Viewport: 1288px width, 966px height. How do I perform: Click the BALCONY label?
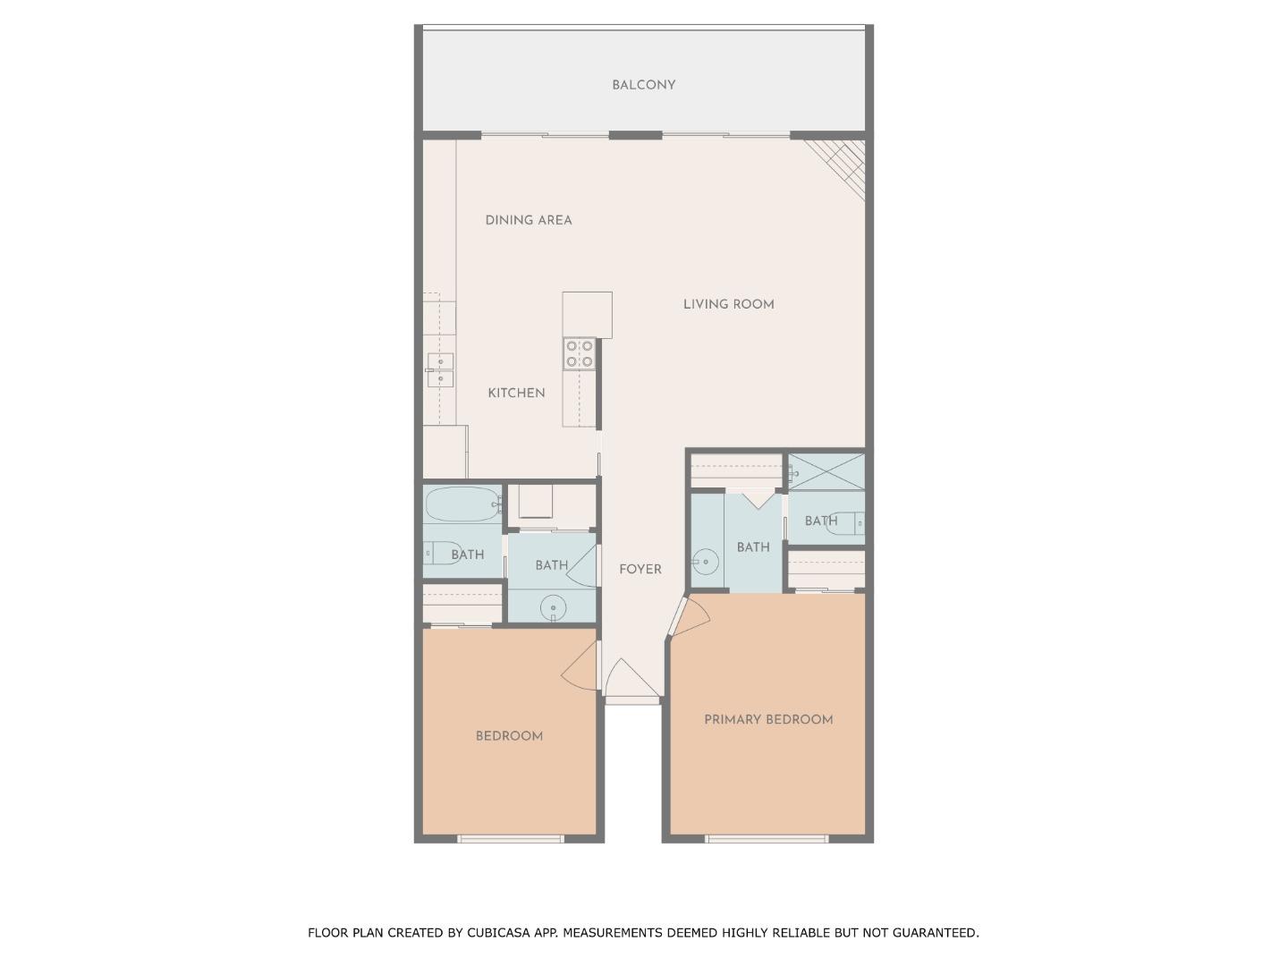(x=643, y=85)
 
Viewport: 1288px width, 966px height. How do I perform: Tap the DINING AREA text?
(x=528, y=220)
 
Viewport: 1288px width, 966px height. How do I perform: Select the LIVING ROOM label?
(x=728, y=304)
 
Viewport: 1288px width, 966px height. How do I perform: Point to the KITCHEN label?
(x=516, y=393)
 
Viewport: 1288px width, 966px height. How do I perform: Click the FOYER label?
(x=640, y=569)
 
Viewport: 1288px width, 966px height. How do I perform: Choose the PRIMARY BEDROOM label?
(x=768, y=719)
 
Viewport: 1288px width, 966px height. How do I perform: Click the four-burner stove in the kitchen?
(x=580, y=353)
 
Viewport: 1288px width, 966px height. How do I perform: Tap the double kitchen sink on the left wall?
(x=440, y=369)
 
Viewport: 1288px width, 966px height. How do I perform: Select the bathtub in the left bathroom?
(x=462, y=505)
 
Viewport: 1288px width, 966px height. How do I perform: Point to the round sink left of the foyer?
(x=554, y=608)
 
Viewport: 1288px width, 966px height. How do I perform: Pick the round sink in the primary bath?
(x=706, y=562)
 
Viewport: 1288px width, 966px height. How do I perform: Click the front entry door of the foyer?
(x=631, y=682)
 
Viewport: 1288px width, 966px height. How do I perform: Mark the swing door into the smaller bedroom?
(x=579, y=666)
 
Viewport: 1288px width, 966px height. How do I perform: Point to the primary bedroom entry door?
(x=690, y=617)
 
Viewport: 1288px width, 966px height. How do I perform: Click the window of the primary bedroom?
(x=767, y=839)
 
